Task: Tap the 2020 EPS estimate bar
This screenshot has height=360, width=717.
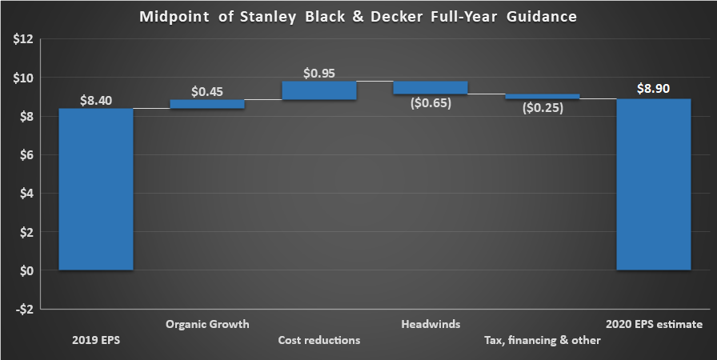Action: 653,185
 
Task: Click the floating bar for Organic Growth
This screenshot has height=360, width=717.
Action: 207,104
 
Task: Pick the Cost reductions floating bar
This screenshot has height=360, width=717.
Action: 318,90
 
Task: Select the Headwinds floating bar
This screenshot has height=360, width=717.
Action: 430,87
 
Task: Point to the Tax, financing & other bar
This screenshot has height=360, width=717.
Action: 542,97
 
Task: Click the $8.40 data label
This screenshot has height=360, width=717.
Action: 96,101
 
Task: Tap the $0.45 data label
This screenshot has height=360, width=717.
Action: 207,91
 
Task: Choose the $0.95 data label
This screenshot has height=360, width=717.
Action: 318,73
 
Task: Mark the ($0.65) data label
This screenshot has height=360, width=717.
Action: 430,103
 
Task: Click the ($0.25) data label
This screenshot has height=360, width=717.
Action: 542,108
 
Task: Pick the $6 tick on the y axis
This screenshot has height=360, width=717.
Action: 24,155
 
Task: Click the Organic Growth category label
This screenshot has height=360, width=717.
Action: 207,325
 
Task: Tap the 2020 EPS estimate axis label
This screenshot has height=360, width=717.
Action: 653,325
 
